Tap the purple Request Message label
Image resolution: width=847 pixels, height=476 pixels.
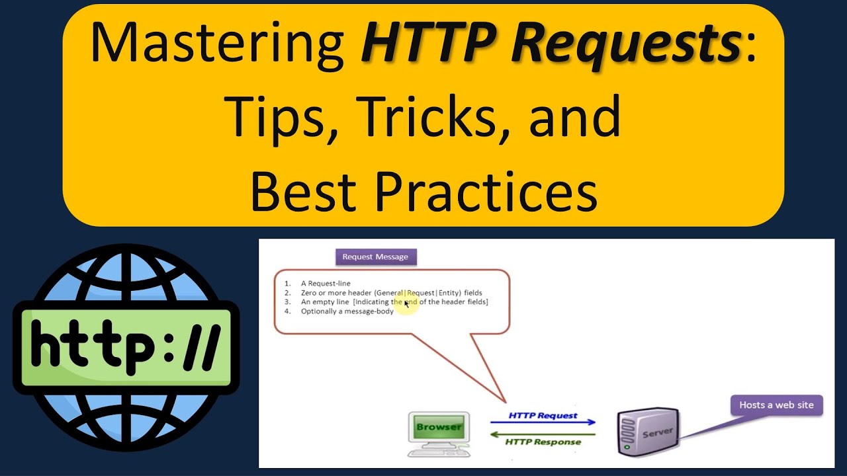click(x=375, y=257)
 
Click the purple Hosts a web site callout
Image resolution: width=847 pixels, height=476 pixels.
click(x=776, y=405)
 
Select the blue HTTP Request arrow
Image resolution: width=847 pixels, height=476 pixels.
click(x=543, y=422)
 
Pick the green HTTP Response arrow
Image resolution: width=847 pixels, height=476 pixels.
click(x=543, y=434)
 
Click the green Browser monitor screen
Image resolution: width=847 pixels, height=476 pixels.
click(x=439, y=427)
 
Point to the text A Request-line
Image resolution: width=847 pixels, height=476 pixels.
click(x=326, y=284)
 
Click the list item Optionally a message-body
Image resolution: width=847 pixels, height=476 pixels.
click(x=347, y=311)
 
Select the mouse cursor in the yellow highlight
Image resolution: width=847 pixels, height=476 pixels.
click(x=406, y=303)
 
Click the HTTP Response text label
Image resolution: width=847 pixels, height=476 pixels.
click(x=543, y=442)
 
